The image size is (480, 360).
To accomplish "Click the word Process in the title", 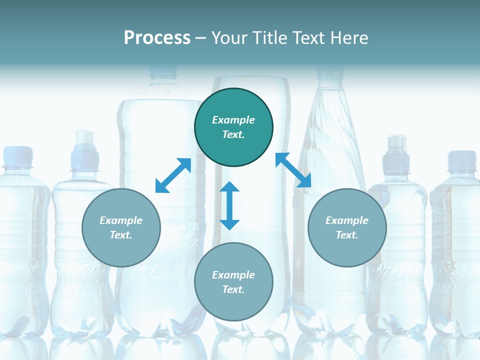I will pos(157,38).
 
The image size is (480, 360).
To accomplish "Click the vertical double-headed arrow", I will pos(229,205).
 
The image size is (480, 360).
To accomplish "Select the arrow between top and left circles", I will pos(173,175).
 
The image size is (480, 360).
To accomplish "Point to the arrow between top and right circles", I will pos(293,170).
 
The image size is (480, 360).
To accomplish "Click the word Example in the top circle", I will pos(233,120).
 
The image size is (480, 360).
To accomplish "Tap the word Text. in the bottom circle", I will pos(233,289).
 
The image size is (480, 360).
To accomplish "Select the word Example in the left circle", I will pos(121,220).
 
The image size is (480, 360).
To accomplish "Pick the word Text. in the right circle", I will pos(347,235).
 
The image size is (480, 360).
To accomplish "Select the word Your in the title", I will pos(228,38).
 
